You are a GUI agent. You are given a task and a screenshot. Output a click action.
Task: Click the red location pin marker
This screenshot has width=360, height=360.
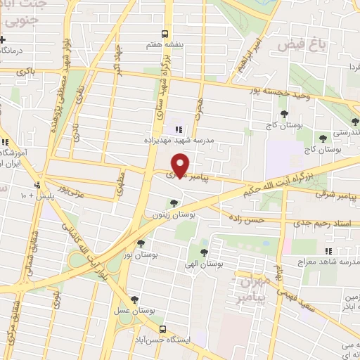181,165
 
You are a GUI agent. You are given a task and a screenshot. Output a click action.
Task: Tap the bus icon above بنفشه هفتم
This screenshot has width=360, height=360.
165,33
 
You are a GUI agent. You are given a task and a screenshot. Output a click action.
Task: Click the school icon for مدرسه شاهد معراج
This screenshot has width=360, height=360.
328,251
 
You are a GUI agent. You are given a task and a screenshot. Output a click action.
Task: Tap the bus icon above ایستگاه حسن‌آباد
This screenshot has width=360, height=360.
163,329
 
